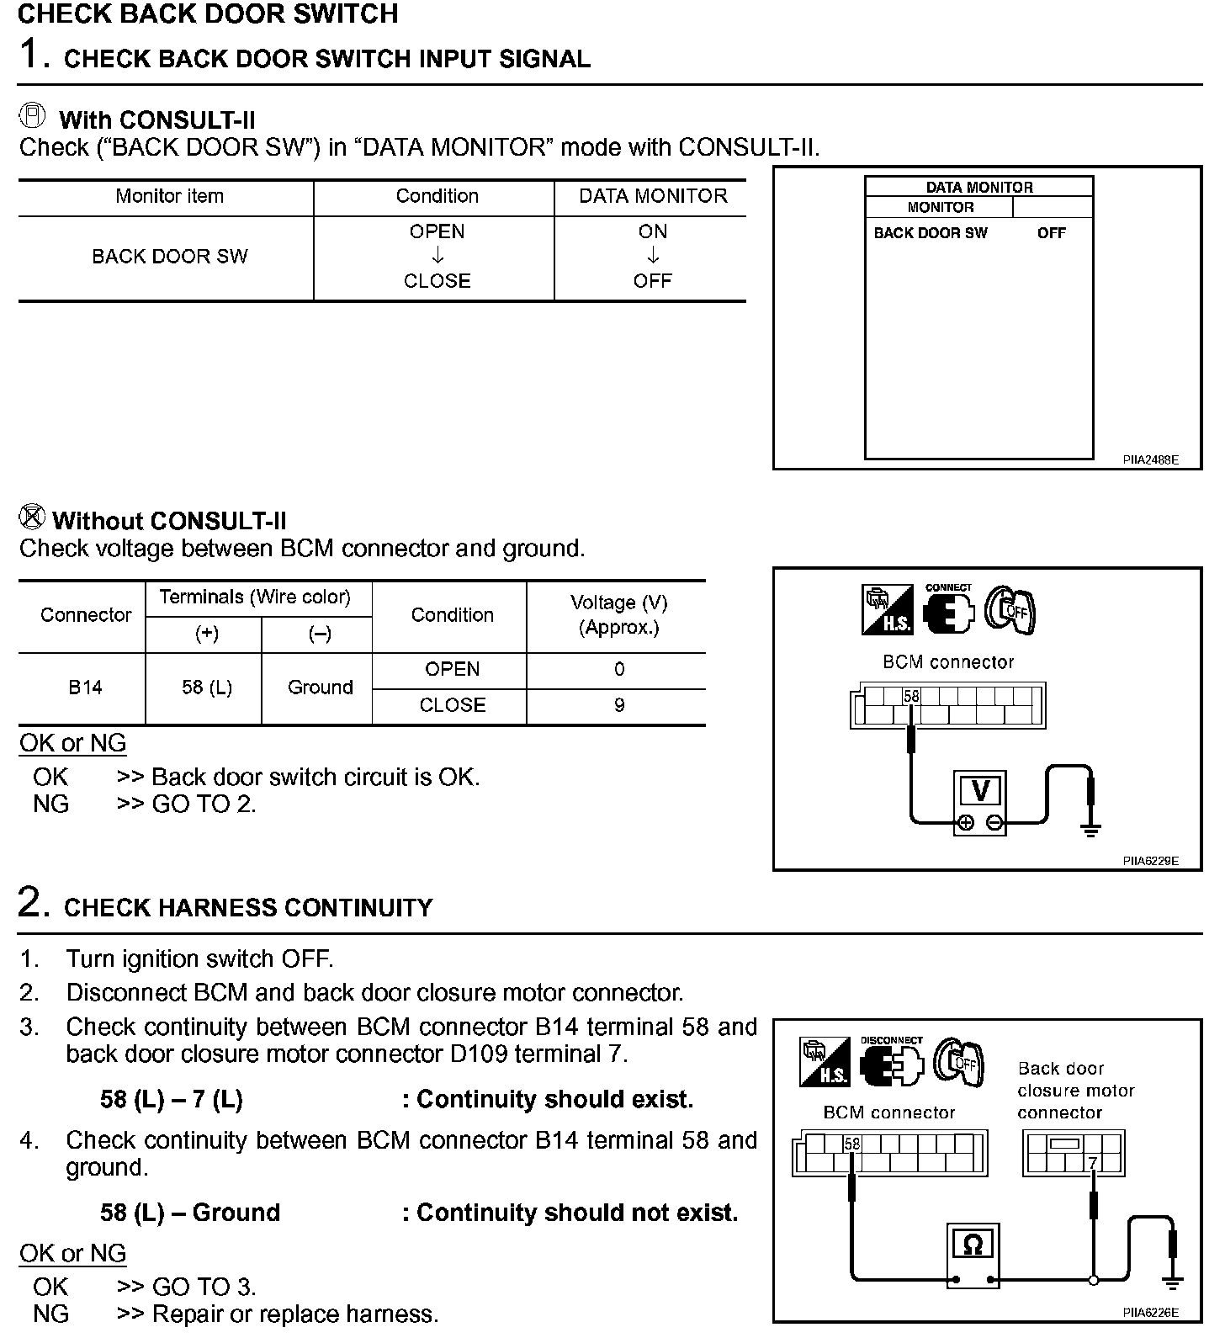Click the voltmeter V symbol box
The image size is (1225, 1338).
[980, 792]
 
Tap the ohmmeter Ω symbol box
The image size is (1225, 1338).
[972, 1245]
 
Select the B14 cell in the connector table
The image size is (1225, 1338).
[85, 688]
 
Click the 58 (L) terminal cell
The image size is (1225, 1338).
[206, 688]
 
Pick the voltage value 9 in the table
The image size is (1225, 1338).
[618, 705]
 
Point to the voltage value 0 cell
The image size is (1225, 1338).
[618, 670]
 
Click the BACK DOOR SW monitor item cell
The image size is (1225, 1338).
[169, 257]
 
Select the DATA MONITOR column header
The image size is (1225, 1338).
[652, 196]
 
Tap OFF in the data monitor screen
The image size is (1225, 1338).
[1051, 233]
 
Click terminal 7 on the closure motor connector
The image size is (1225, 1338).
[1093, 1164]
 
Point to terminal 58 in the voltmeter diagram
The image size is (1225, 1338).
[911, 697]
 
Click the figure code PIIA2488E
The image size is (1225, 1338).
[1150, 460]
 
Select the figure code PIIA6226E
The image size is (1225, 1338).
[1150, 1312]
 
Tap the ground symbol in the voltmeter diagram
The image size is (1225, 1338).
[1090, 831]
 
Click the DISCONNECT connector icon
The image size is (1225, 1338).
[891, 1063]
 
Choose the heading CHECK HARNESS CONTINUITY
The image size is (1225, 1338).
[248, 908]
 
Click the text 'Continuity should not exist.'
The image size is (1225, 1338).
[576, 1213]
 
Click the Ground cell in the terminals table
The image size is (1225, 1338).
[320, 688]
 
